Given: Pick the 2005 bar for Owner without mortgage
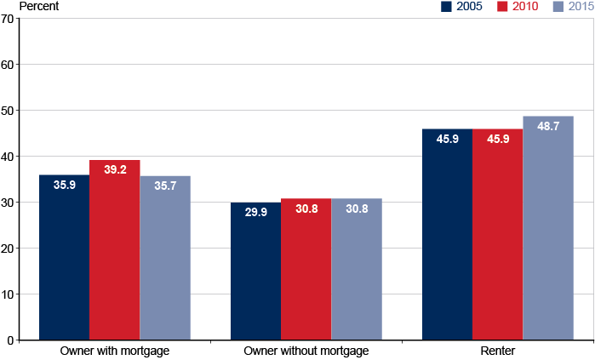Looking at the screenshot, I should [x=255, y=271].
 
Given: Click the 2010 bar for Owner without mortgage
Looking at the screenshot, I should [x=306, y=270].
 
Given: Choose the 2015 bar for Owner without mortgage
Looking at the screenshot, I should [x=357, y=270].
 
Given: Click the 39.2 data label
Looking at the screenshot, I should [x=115, y=169].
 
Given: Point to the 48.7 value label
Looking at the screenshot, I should [x=548, y=126].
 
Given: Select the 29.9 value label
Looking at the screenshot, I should [x=255, y=212].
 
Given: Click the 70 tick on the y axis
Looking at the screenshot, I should [x=8, y=19].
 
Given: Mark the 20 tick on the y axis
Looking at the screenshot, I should [x=8, y=249].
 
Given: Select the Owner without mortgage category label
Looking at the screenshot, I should [x=306, y=351].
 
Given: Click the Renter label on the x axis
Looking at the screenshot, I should [x=498, y=351].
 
